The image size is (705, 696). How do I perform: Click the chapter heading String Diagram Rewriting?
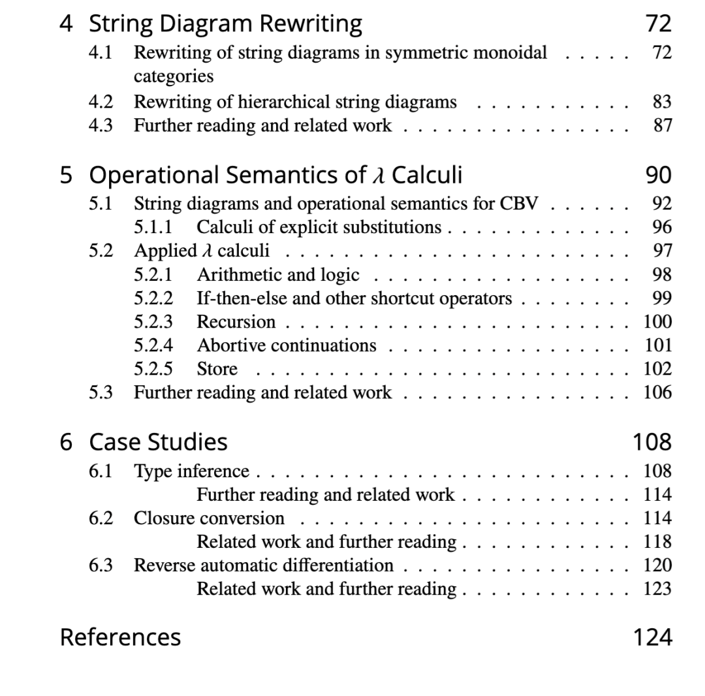[225, 24]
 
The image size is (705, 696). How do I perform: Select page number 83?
[661, 102]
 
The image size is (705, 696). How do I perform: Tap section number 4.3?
[101, 125]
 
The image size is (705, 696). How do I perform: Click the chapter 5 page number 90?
[658, 175]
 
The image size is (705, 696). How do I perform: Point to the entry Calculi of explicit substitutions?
[319, 227]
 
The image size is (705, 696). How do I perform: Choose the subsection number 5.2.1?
[153, 274]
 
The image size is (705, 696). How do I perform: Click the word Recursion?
[236, 322]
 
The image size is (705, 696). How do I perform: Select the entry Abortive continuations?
[286, 345]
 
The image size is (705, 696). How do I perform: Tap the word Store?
[217, 369]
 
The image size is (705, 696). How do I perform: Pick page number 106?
[657, 392]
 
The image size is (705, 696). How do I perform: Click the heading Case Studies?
[158, 442]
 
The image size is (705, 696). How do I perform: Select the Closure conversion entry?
[209, 518]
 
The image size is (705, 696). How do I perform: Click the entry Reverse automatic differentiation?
[263, 565]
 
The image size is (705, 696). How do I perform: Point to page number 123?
[657, 589]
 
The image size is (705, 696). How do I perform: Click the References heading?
[120, 637]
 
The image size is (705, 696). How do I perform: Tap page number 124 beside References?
[651, 637]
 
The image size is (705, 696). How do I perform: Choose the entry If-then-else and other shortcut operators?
[354, 298]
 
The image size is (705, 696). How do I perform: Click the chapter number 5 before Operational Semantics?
[66, 175]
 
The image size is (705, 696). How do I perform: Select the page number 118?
[657, 542]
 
